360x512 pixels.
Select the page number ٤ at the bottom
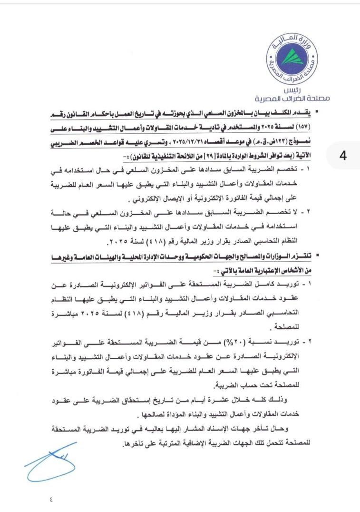pos(51,499)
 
